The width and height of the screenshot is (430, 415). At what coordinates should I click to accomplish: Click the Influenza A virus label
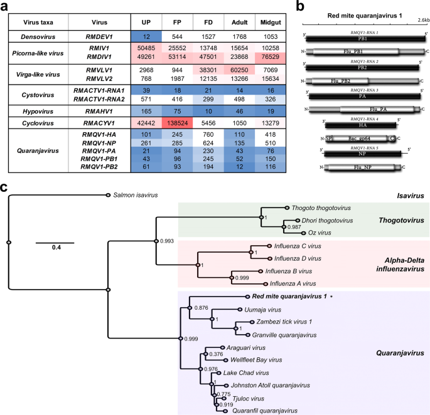[291, 283]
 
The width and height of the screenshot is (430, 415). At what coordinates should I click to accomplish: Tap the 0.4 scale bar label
[55, 247]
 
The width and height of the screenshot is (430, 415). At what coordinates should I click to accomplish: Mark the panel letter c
[5, 187]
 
